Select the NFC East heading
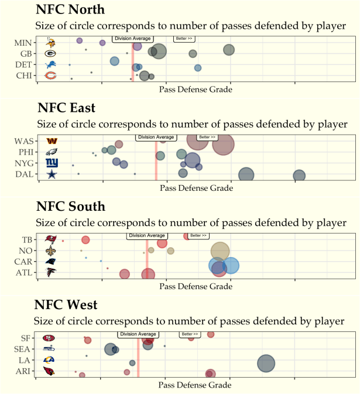pos(66,108)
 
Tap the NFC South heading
pos(70,207)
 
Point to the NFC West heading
pos(66,305)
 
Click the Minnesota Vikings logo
pos(51,42)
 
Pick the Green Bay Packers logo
pos(51,53)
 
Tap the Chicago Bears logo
pos(51,76)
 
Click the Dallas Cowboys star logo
pos(52,174)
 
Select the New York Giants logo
pos(52,163)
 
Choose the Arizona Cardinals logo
pos(49,371)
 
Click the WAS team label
pos(25,141)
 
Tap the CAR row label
pos(26,262)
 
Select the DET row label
pos(24,64)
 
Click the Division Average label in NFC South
pos(146,236)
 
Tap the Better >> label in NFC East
pos(206,137)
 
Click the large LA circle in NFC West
pos(266,364)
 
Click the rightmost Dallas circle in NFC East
pos(299,175)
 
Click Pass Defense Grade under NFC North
pos(196,90)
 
